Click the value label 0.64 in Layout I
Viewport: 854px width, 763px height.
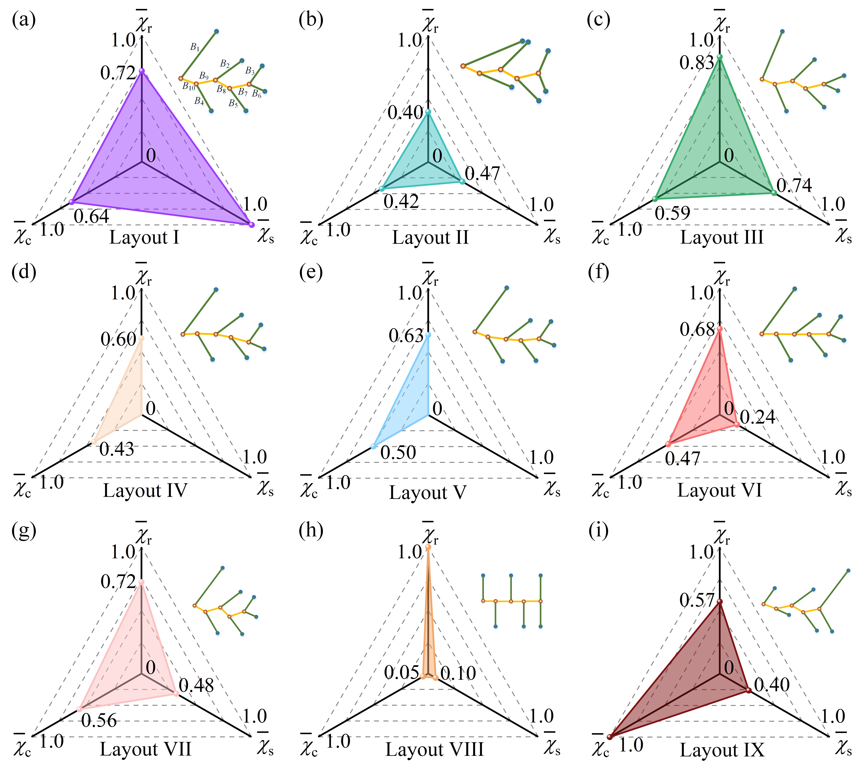pyautogui.click(x=91, y=216)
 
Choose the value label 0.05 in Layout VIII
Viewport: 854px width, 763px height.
pyautogui.click(x=401, y=672)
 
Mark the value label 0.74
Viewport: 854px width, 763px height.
pyautogui.click(x=794, y=185)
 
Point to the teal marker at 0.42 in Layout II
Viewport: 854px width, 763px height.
pyautogui.click(x=381, y=189)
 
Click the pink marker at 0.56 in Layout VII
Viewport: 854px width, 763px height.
pyautogui.click(x=79, y=709)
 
